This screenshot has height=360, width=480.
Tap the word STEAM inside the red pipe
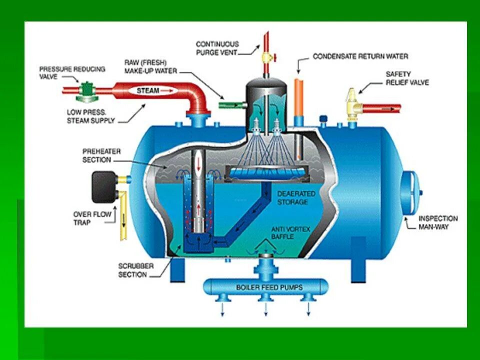[148, 91]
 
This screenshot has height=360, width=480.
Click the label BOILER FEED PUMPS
[265, 287]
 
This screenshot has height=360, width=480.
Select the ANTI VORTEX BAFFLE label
[290, 233]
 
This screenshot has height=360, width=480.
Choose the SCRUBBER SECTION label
[132, 270]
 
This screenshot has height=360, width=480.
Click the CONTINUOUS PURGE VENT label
[217, 48]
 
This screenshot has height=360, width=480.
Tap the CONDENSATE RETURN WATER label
[360, 56]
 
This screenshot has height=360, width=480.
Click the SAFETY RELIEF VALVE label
[407, 78]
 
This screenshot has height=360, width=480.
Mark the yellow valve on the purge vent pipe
[266, 57]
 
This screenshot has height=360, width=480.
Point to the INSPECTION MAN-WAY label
[437, 222]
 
